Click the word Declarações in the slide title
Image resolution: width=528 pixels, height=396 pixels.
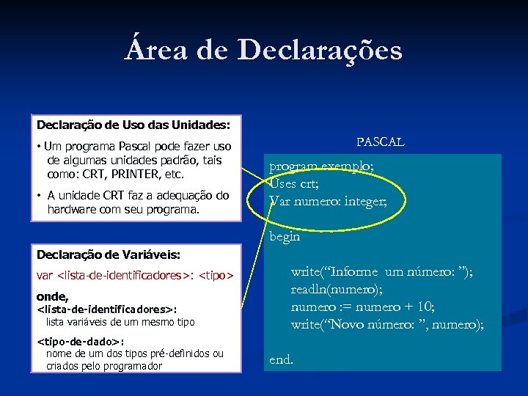tap(320, 51)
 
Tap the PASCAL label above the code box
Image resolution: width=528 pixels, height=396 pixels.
tap(380, 142)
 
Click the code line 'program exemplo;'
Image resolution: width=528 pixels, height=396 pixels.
tap(321, 167)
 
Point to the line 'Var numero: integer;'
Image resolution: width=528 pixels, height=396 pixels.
tap(328, 200)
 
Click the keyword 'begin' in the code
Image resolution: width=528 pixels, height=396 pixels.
tap(285, 237)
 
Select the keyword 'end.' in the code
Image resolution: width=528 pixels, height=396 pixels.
tap(282, 360)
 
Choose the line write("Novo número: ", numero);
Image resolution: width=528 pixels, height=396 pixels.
tap(387, 324)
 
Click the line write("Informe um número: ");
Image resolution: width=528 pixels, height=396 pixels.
tap(381, 272)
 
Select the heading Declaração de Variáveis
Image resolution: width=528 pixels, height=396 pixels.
tap(109, 254)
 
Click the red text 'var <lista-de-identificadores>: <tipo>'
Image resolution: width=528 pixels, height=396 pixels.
tap(135, 276)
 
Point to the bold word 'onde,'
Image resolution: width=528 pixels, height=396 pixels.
tap(53, 296)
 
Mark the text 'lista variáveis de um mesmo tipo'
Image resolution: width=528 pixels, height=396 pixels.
tap(120, 322)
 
